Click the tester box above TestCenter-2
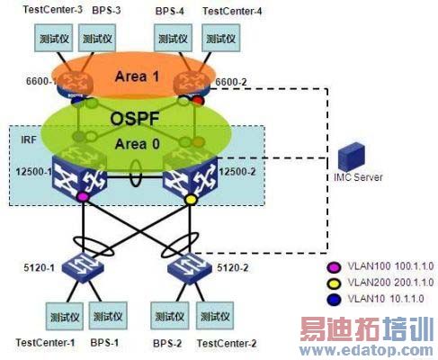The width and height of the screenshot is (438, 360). point(217,317)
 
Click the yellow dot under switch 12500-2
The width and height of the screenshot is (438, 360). point(190,197)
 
